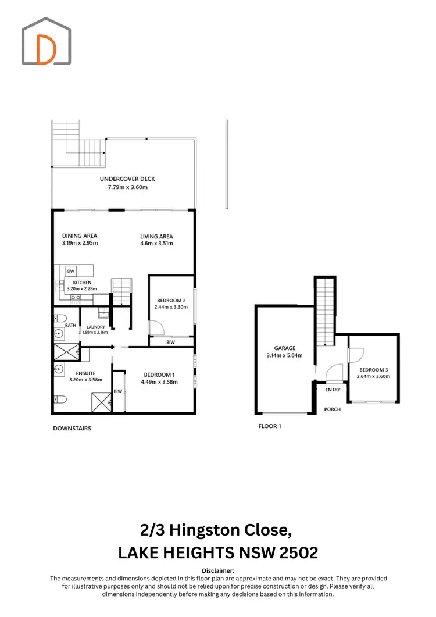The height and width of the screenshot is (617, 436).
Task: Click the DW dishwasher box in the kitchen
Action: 70,271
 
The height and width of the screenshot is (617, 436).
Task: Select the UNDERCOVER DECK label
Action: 127,179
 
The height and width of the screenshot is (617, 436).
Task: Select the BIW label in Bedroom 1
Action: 118,391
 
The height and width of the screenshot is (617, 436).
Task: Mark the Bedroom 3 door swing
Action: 356,354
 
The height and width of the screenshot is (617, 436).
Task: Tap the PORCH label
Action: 333,409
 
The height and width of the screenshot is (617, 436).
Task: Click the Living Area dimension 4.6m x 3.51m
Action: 157,244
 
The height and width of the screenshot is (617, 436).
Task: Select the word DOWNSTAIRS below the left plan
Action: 72,429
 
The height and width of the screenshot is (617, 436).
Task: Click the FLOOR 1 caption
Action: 270,426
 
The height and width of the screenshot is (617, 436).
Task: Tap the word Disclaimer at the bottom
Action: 218,571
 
